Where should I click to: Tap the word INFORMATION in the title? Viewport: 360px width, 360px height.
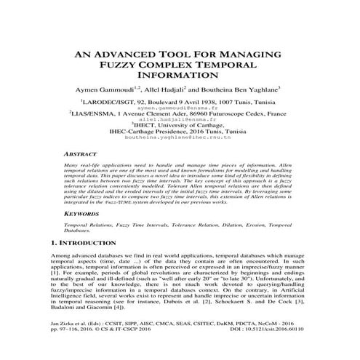click(180, 77)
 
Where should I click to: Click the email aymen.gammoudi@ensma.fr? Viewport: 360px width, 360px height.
click(180, 108)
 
